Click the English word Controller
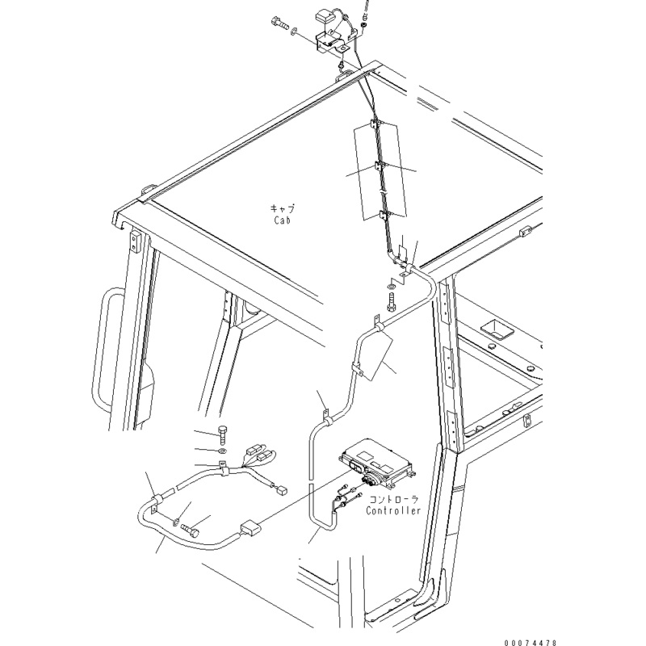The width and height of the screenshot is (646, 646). tap(393, 511)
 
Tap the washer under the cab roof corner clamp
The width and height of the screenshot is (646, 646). tap(392, 284)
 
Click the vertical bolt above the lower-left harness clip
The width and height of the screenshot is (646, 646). tap(223, 434)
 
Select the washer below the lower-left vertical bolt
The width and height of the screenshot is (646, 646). tap(223, 450)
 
